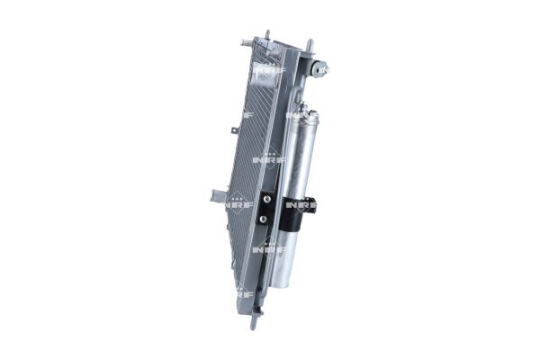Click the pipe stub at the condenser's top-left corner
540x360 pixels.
pos(246,41)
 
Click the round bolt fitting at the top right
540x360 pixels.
pos(321,68)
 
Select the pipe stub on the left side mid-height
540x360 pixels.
pos(216,194)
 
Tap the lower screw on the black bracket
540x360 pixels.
pos(263,218)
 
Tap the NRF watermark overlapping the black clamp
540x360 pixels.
pos(301,206)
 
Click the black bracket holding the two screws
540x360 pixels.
pos(266,209)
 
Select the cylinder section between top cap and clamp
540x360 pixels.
pos(300,153)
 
